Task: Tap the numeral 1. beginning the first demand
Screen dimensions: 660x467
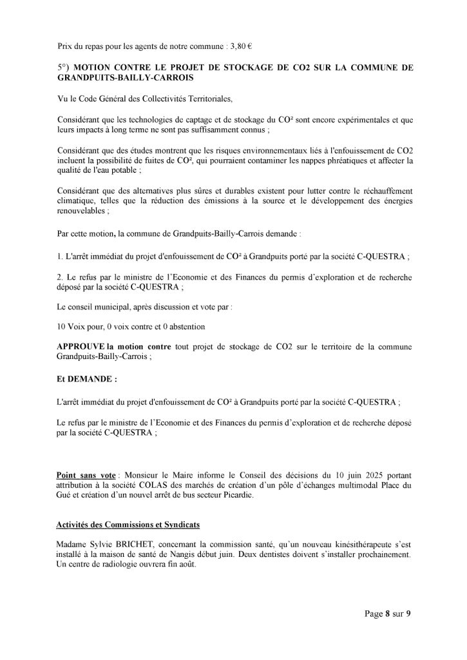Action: tap(61, 257)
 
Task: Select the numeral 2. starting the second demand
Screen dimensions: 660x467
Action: tap(61, 278)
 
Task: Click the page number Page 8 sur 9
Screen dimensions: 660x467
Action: tap(385, 614)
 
